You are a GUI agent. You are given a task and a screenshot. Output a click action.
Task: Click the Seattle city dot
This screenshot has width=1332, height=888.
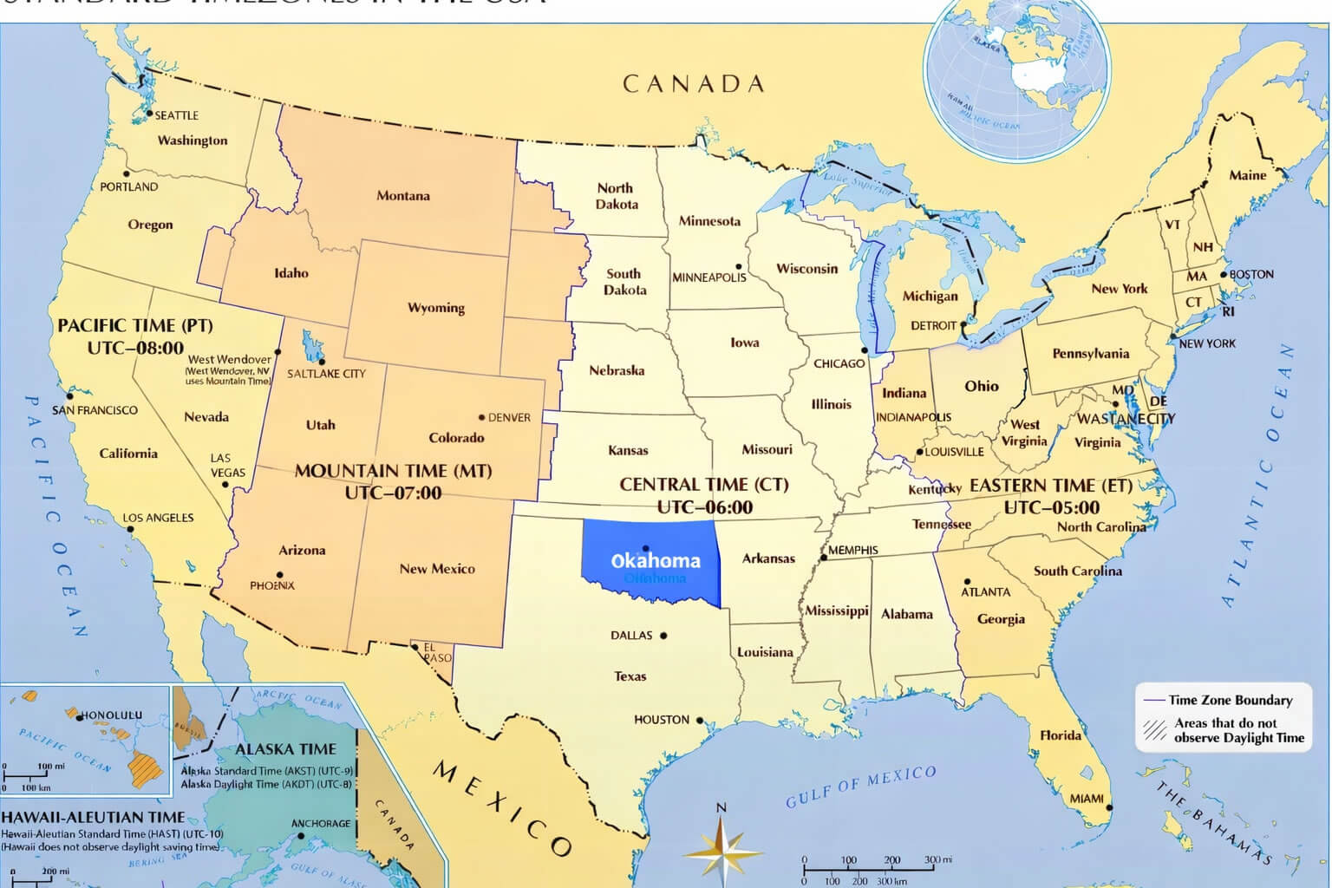pyautogui.click(x=149, y=114)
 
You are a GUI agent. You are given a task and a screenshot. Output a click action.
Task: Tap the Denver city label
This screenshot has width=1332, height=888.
pyautogui.click(x=509, y=417)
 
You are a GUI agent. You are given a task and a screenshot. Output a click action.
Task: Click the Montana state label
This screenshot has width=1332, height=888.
pyautogui.click(x=402, y=196)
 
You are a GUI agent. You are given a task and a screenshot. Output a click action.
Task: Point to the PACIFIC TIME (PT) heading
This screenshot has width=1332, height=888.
pyautogui.click(x=135, y=326)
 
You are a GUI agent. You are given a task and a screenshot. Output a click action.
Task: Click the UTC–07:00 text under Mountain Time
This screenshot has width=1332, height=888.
pyautogui.click(x=393, y=493)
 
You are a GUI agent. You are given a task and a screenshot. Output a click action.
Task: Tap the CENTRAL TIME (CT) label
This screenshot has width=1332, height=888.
pyautogui.click(x=703, y=485)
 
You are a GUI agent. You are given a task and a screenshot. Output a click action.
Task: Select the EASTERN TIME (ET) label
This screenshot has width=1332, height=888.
pyautogui.click(x=1051, y=486)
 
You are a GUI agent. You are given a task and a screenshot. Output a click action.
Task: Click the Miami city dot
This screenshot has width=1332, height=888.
pyautogui.click(x=1109, y=807)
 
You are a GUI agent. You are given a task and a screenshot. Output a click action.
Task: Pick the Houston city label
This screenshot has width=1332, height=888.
pyautogui.click(x=662, y=720)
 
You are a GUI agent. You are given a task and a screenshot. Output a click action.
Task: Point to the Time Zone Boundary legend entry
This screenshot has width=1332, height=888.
pyautogui.click(x=1230, y=700)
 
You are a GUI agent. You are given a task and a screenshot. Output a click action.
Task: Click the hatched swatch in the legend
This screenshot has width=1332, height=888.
pyautogui.click(x=1154, y=730)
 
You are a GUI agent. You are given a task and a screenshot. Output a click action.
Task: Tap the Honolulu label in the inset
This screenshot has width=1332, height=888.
pyautogui.click(x=112, y=715)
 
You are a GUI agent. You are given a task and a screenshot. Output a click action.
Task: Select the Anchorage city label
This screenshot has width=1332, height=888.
pyautogui.click(x=321, y=824)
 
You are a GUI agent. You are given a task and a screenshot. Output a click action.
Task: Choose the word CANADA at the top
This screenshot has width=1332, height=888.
pyautogui.click(x=694, y=84)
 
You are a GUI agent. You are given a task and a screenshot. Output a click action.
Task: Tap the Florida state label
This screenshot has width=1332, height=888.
pyautogui.click(x=1061, y=735)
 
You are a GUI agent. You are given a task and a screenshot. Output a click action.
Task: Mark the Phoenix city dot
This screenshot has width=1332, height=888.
pyautogui.click(x=279, y=575)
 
